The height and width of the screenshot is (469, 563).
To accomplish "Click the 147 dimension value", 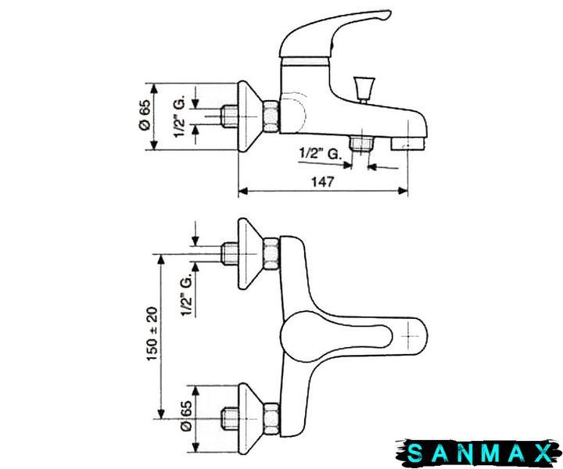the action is click(x=322, y=182).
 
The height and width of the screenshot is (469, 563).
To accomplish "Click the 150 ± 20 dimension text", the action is click(x=152, y=334).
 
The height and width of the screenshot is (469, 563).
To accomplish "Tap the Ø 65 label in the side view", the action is click(x=145, y=115).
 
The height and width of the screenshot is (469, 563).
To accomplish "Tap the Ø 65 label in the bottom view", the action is click(x=187, y=415).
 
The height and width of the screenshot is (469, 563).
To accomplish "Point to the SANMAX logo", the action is click(x=479, y=453).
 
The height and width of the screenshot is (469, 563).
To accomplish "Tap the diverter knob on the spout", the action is click(x=364, y=88).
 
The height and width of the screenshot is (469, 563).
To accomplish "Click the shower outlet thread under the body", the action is click(x=361, y=144).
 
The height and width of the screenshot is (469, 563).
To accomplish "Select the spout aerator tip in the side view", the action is click(x=407, y=145).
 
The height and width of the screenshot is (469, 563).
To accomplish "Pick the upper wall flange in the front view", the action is click(x=251, y=253).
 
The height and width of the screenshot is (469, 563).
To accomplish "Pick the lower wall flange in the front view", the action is click(x=251, y=419).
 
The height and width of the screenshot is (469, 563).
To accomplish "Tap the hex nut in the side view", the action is click(x=272, y=116).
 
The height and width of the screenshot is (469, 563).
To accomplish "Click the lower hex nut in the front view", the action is click(x=272, y=419).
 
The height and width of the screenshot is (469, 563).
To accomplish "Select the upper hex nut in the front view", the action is click(x=272, y=253).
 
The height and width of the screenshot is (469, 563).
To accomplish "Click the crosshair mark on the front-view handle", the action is click(x=409, y=336).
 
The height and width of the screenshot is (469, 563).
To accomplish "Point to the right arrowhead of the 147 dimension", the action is click(x=403, y=192).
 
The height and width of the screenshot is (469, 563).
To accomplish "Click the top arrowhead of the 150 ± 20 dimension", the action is click(x=161, y=259).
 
